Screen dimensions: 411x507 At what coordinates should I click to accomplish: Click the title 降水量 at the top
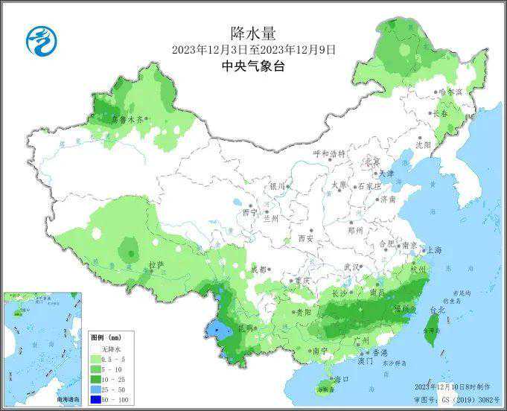pos(253,32)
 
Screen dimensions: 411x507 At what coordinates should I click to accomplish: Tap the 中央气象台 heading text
pos(253,66)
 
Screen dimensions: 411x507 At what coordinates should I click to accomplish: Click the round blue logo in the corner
pos(42,41)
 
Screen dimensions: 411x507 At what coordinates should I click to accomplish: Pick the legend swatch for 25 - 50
pos(96,390)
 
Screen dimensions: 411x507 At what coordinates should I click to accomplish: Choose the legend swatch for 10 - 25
pos(96,379)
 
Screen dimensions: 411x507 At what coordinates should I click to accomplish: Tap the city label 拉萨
pos(155,264)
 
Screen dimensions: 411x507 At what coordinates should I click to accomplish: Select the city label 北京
pos(372,162)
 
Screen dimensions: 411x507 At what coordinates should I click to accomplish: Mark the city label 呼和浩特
pos(329,154)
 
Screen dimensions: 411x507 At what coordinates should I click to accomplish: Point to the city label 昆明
pos(245,328)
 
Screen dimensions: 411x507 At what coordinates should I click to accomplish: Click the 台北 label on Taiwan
pos(437,309)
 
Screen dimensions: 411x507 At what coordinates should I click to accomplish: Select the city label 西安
pos(305,238)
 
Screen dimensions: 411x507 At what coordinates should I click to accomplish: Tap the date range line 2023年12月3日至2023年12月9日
pos(253,49)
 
